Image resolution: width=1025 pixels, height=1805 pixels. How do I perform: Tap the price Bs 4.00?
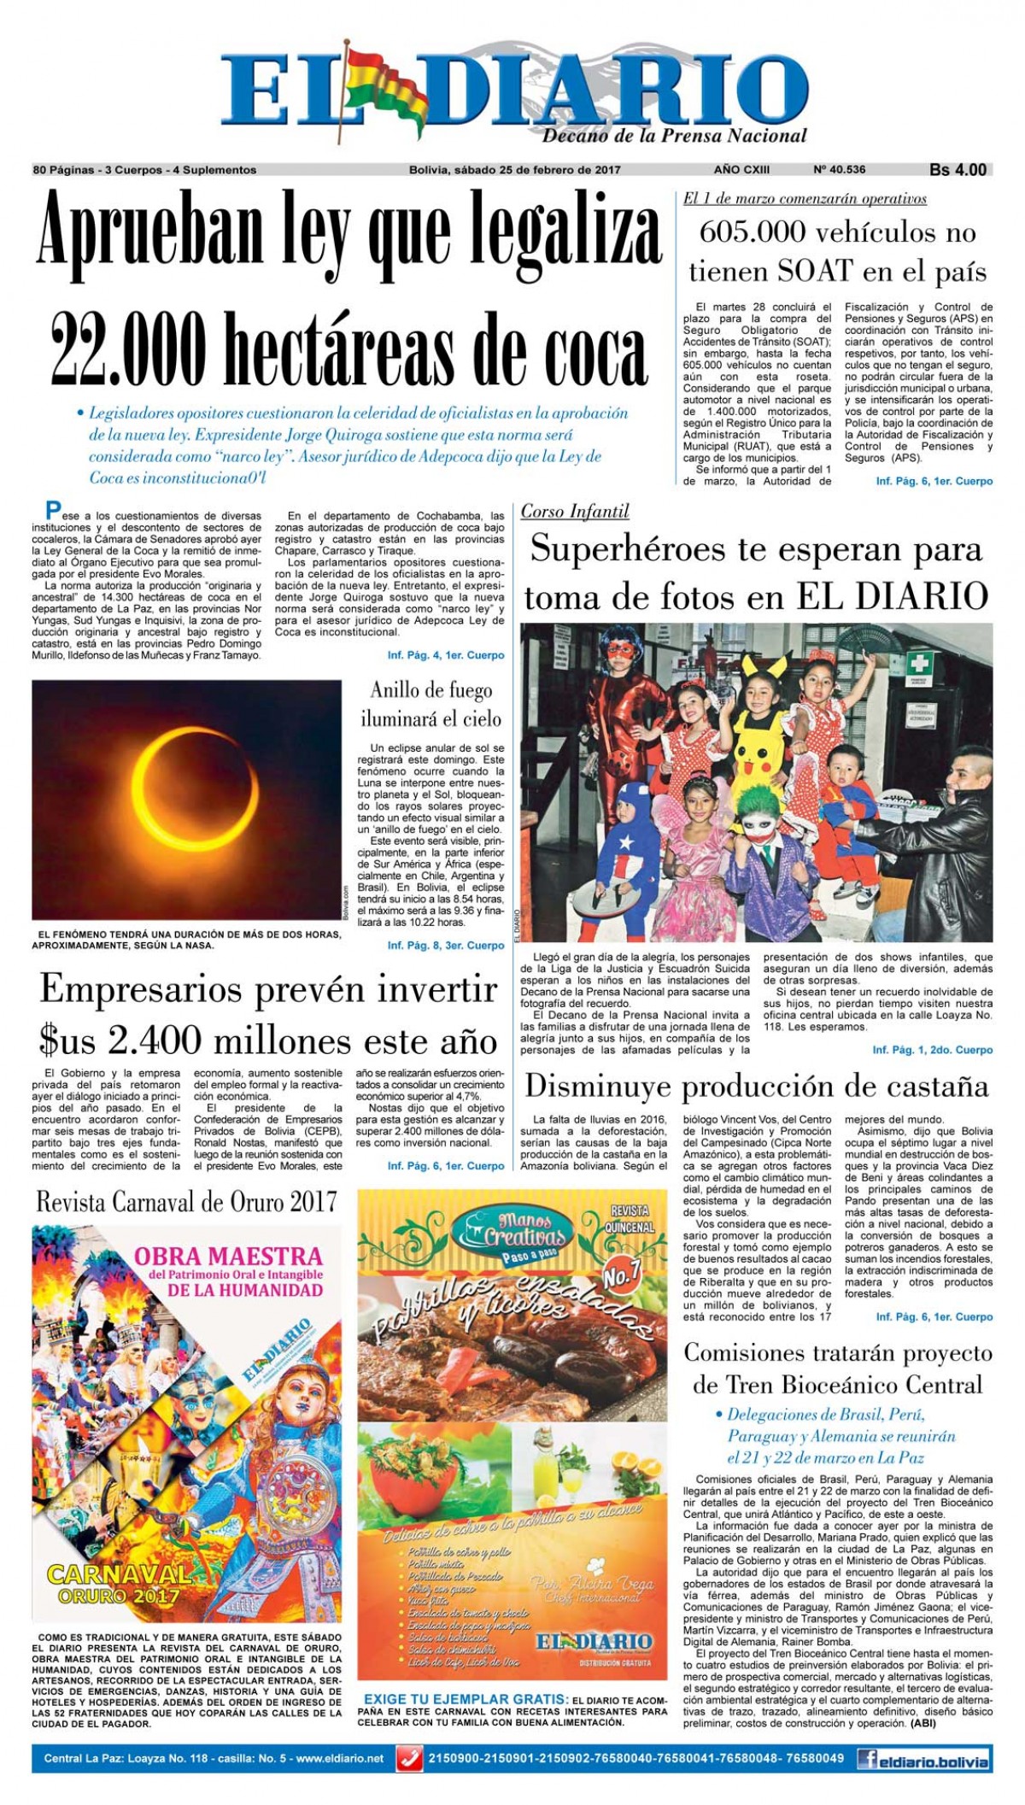coord(958,170)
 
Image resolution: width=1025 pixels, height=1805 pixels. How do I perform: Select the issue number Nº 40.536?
coord(839,170)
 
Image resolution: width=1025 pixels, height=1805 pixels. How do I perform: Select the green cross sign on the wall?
coord(918,663)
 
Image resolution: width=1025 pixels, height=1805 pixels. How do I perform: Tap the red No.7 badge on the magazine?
coord(621,1274)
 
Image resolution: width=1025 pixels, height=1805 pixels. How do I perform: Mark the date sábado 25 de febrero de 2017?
coord(514,170)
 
